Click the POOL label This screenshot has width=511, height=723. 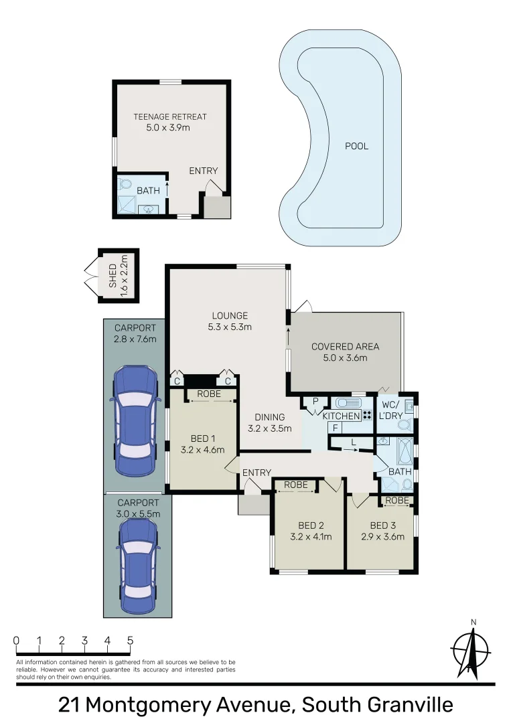356,146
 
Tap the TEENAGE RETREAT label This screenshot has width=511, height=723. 170,116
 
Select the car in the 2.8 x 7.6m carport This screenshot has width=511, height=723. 135,420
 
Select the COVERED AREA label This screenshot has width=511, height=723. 345,346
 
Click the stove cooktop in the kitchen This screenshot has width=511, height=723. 367,416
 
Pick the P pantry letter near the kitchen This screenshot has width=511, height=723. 314,402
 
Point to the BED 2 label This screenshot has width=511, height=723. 311,525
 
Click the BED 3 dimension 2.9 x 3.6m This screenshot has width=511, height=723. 382,536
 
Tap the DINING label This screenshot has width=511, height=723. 270,417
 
